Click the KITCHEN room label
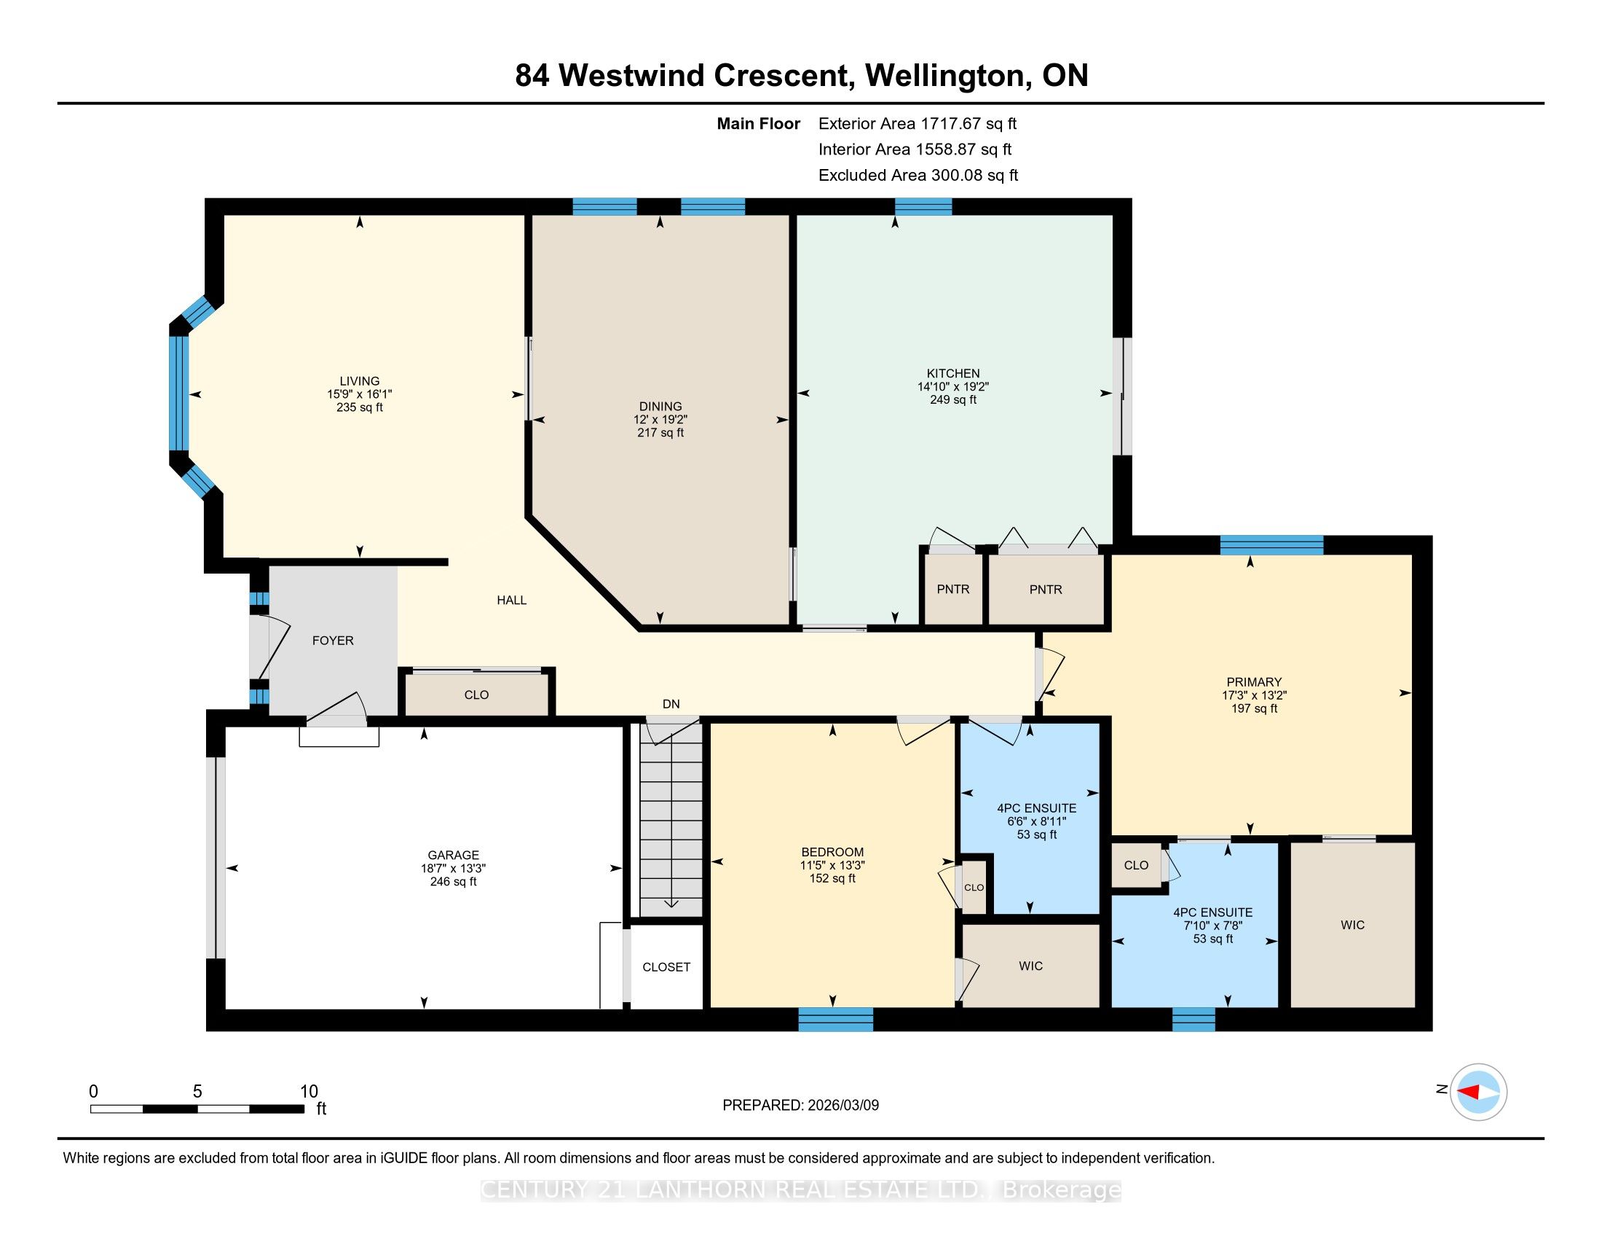click(x=953, y=373)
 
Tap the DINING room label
click(x=660, y=406)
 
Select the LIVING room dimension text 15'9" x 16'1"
click(x=360, y=394)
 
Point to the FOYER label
click(x=333, y=640)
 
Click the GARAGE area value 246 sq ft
click(x=454, y=882)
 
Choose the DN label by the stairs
click(x=671, y=704)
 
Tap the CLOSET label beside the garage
click(x=666, y=966)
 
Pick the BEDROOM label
click(x=832, y=852)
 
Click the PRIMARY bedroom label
click(x=1255, y=682)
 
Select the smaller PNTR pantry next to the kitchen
click(x=953, y=590)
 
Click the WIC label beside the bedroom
click(x=1030, y=966)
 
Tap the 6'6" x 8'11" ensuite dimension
click(x=1036, y=821)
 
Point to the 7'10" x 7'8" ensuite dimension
click(x=1213, y=926)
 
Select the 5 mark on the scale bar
click(x=197, y=1092)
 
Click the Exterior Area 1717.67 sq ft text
click(x=918, y=123)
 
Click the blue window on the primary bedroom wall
click(x=1272, y=545)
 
